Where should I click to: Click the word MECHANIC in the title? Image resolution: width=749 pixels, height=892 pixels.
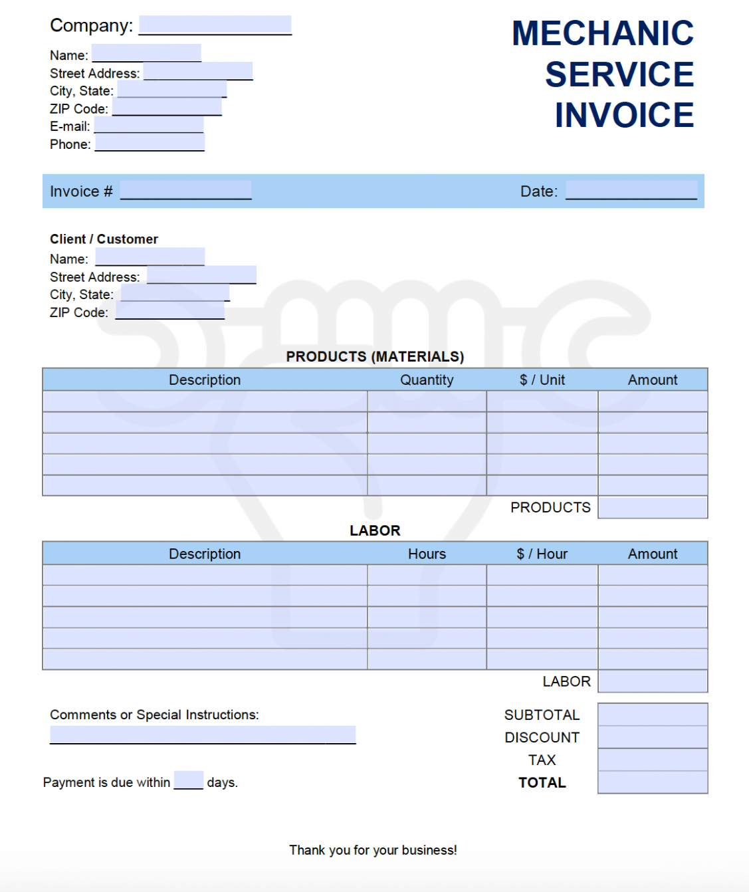click(602, 33)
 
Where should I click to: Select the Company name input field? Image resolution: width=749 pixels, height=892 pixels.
click(215, 25)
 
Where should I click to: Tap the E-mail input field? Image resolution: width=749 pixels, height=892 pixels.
click(148, 125)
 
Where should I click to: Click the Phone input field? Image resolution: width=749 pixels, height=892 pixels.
click(150, 142)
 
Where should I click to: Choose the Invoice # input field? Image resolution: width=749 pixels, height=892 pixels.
click(185, 190)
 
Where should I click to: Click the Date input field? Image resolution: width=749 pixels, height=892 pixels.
click(631, 190)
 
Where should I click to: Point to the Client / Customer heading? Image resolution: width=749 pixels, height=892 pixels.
click(104, 239)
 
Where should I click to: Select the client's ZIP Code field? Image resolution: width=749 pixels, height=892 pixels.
click(169, 310)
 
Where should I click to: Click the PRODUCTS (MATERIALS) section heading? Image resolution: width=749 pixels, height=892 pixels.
click(375, 357)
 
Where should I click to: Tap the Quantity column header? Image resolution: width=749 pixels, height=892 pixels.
click(427, 380)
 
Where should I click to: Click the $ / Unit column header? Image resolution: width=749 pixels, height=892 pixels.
click(542, 380)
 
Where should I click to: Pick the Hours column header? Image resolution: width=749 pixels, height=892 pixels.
click(427, 554)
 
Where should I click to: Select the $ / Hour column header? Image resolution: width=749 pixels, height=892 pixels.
click(542, 554)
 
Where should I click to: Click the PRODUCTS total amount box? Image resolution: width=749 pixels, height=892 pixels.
click(652, 508)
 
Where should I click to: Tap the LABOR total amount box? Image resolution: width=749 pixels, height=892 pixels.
click(652, 681)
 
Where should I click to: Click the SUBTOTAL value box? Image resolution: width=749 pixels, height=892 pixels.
click(652, 715)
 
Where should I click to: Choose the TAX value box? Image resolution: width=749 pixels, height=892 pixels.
click(652, 760)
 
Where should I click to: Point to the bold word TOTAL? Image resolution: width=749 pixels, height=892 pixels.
click(542, 783)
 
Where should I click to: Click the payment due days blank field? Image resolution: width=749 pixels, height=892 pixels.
click(188, 780)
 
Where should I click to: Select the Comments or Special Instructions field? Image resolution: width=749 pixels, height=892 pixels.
click(203, 734)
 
